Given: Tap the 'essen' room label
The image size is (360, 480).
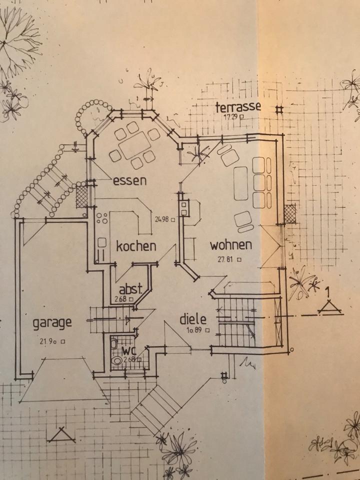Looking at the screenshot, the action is click(x=130, y=180).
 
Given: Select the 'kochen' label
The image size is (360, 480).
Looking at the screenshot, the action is click(x=136, y=246).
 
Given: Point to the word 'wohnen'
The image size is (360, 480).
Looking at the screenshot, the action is click(x=230, y=245).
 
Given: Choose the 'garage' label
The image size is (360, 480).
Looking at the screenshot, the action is click(x=52, y=322).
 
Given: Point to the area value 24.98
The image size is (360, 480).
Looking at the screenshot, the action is click(x=162, y=218).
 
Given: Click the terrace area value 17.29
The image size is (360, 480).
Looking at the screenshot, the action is click(x=231, y=116).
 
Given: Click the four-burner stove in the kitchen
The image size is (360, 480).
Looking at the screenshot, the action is click(x=103, y=218).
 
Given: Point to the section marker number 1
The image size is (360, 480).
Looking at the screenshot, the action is click(x=328, y=291).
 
